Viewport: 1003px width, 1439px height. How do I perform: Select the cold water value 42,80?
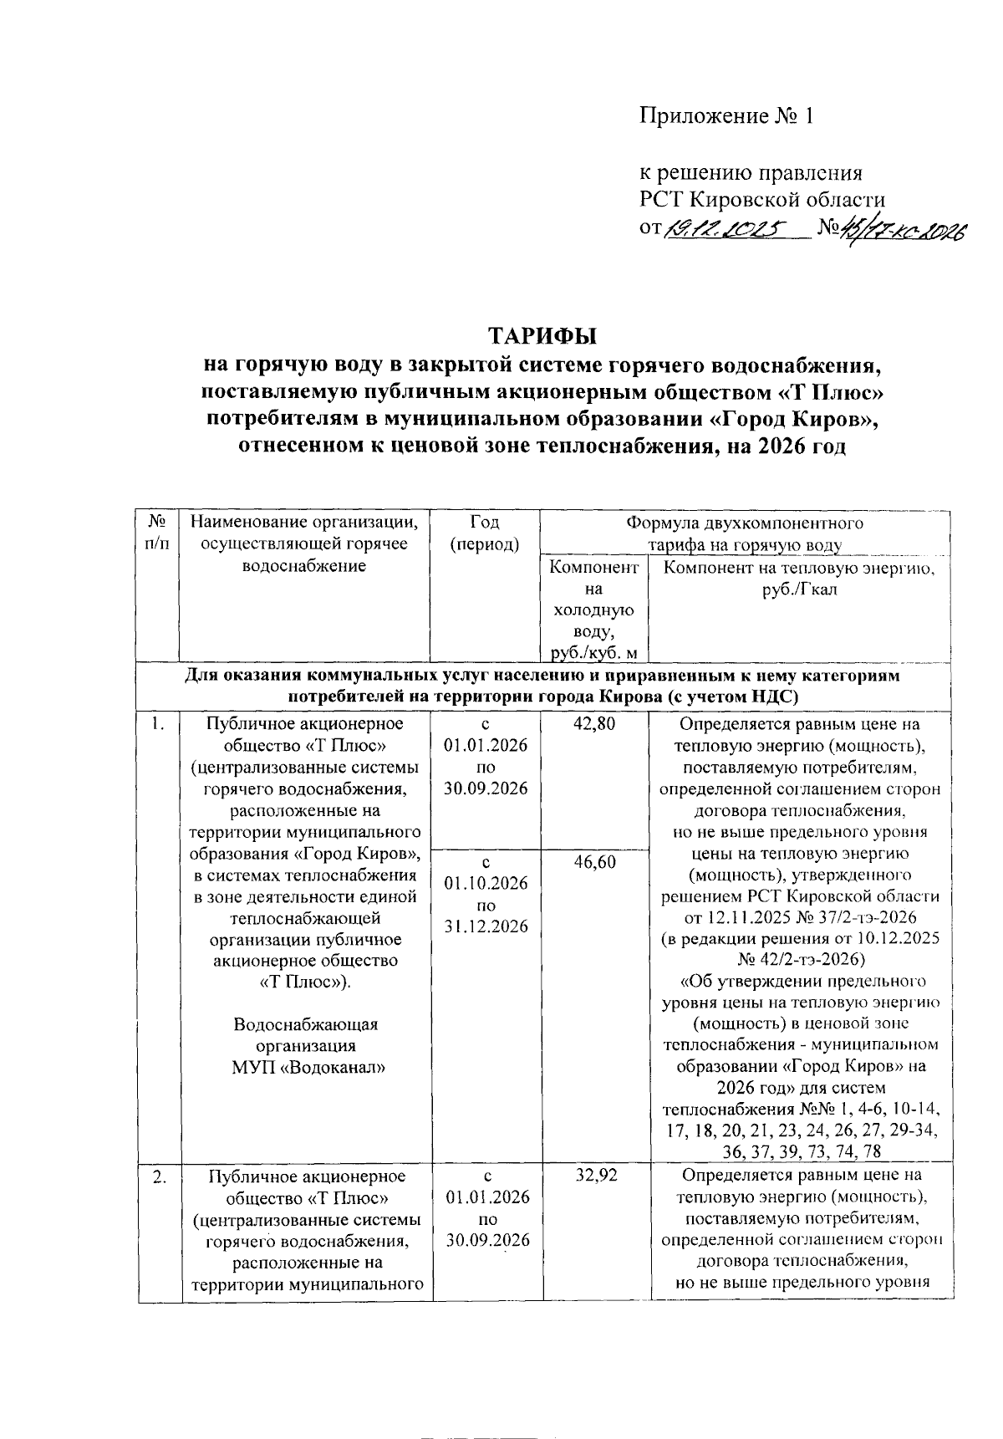click(x=593, y=724)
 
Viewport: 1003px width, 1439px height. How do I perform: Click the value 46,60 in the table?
click(x=593, y=862)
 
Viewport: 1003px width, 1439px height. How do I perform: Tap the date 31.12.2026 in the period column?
click(x=486, y=927)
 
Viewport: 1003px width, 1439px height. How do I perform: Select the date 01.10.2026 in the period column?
click(x=486, y=884)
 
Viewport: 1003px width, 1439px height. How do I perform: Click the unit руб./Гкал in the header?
click(x=799, y=590)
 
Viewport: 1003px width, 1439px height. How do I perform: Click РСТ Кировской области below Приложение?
click(x=762, y=200)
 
